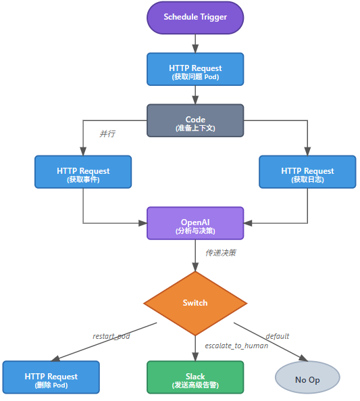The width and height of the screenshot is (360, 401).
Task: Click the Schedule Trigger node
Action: [195, 17]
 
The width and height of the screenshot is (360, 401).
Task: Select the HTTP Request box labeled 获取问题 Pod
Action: [195, 69]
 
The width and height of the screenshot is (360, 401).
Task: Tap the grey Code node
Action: [195, 120]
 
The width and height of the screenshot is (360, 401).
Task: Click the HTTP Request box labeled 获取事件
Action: [83, 172]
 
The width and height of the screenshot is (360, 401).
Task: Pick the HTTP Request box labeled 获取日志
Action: [307, 172]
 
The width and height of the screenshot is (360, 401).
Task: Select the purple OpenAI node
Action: [195, 223]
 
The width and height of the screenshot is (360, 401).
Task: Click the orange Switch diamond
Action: [195, 303]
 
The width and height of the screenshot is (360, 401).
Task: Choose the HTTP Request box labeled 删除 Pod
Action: [51, 377]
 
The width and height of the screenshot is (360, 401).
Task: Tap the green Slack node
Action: [195, 377]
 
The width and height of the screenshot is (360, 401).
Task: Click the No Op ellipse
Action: [307, 379]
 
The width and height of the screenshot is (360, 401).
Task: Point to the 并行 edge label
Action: [107, 134]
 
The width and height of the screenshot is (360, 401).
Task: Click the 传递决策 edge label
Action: [221, 253]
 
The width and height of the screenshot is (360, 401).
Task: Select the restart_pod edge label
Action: [111, 336]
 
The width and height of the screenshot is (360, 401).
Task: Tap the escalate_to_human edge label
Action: [236, 346]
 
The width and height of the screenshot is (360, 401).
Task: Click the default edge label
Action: [278, 336]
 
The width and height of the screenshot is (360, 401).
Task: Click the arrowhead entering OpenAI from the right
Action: [247, 223]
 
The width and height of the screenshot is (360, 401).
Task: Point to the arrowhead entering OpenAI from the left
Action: [143, 223]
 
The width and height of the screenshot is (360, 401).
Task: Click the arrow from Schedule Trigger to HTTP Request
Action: [195, 43]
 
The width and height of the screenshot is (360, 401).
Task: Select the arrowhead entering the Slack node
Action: [195, 357]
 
